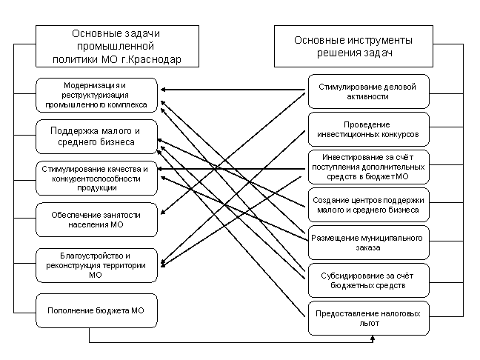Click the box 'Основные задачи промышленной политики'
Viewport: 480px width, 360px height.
[x=117, y=46]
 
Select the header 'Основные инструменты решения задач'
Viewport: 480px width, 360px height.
[x=353, y=46]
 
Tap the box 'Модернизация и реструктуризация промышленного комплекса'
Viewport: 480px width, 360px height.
[x=97, y=95]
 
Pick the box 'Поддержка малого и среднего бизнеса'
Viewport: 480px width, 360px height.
[x=97, y=136]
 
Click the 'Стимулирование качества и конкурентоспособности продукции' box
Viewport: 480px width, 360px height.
[x=97, y=179]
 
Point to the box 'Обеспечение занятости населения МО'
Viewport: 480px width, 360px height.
[x=97, y=219]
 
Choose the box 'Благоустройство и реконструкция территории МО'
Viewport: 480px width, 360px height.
[x=97, y=265]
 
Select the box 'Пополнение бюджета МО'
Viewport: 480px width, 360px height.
[x=97, y=310]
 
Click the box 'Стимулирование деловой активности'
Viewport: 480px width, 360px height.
[x=369, y=92]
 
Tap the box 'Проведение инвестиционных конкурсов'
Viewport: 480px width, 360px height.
[x=369, y=129]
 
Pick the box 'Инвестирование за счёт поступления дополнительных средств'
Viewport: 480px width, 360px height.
[x=369, y=167]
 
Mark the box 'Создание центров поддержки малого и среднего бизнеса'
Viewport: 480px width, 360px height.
[x=369, y=204]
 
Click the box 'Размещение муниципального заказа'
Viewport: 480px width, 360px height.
[x=369, y=243]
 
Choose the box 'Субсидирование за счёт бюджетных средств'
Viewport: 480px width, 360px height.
[x=369, y=281]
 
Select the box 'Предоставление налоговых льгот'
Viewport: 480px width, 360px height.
[x=369, y=319]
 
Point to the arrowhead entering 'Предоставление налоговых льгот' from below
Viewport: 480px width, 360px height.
[x=373, y=338]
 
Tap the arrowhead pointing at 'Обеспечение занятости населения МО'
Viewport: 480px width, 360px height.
[x=163, y=212]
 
